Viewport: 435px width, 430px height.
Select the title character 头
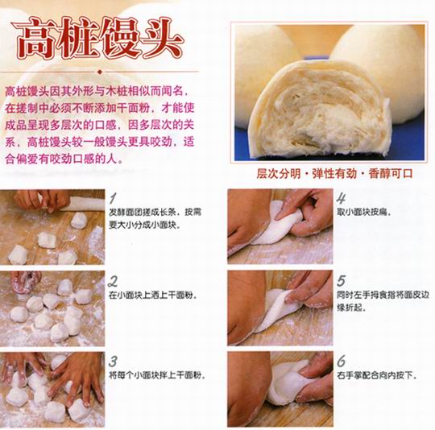tap(161, 38)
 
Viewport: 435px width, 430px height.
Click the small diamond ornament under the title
tap(100, 72)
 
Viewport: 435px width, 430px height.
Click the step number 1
tap(113, 198)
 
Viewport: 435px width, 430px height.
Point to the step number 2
tap(112, 282)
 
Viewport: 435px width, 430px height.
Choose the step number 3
tap(113, 362)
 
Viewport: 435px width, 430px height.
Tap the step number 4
tap(342, 199)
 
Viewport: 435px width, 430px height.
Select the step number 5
tap(341, 280)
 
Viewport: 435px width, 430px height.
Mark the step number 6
tap(342, 361)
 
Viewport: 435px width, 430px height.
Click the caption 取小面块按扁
tap(363, 213)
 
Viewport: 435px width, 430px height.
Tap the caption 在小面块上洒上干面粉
tap(153, 296)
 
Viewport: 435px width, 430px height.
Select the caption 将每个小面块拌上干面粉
tap(157, 376)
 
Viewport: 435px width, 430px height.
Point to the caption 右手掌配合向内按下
tap(377, 376)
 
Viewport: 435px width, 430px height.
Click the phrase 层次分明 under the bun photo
tap(278, 174)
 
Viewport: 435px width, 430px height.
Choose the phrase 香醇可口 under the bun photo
tap(391, 174)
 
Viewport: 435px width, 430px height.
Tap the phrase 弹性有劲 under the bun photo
tap(334, 174)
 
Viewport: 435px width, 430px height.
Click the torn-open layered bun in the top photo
tap(319, 111)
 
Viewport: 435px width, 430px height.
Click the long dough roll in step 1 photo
tap(83, 202)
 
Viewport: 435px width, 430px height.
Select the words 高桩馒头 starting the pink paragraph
tap(27, 92)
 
